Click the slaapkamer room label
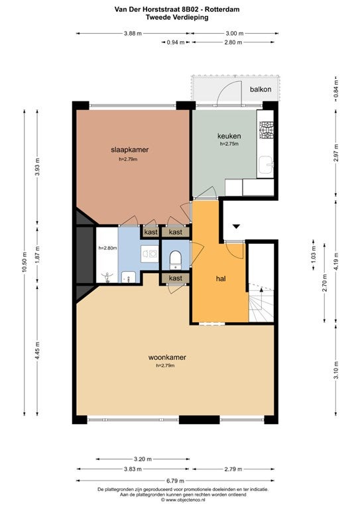click(x=129, y=150)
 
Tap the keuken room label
click(x=229, y=136)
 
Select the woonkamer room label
click(x=167, y=357)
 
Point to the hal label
click(x=221, y=278)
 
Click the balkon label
click(x=261, y=89)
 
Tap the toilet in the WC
click(x=175, y=260)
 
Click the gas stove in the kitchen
click(x=266, y=130)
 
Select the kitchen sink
click(x=266, y=166)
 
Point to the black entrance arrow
click(x=236, y=226)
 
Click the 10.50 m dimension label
click(x=25, y=262)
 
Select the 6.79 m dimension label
click(x=175, y=481)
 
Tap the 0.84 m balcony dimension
click(x=336, y=89)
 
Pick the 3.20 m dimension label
click(x=143, y=459)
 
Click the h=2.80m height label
click(x=107, y=248)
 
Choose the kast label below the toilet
click(x=175, y=278)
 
